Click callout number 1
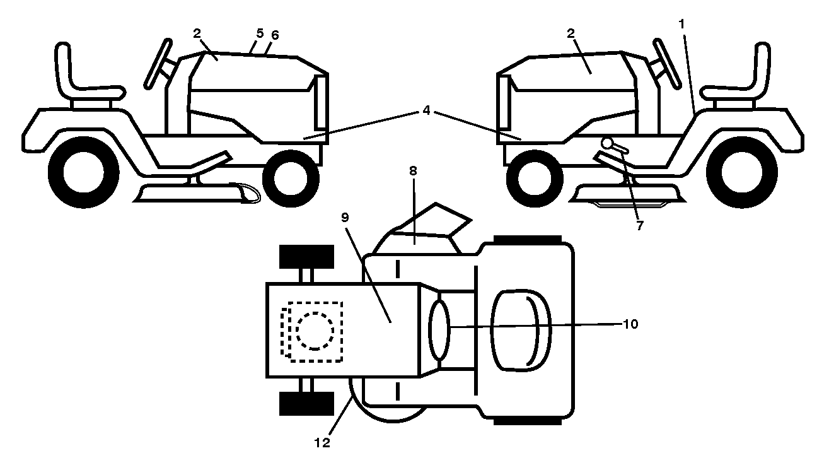(681, 25)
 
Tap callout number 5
(260, 33)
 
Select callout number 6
(275, 35)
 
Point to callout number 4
(426, 110)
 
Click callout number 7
(640, 225)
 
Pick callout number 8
(413, 171)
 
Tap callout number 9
(345, 218)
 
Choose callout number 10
(630, 324)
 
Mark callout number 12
(322, 442)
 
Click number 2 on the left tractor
(197, 33)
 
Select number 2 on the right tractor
(571, 33)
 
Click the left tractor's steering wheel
(158, 63)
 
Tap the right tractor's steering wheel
(667, 63)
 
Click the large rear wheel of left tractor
(84, 172)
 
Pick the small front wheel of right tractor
(535, 179)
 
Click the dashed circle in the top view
(315, 331)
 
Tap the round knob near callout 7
(607, 143)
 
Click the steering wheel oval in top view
(439, 330)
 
